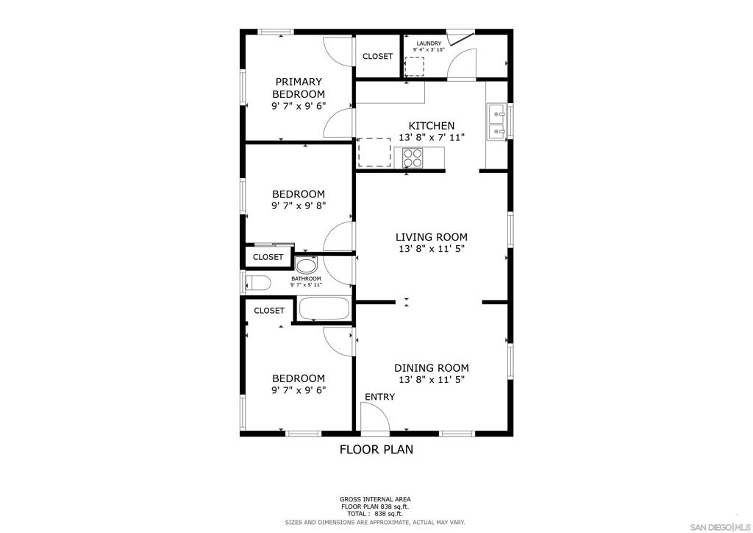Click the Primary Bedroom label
click(299, 88)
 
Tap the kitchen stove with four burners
click(413, 158)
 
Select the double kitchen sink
click(496, 122)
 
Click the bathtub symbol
click(324, 308)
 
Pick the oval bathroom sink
click(306, 265)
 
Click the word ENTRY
click(380, 397)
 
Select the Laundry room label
click(429, 43)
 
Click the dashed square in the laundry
click(415, 66)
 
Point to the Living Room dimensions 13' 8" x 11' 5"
click(432, 249)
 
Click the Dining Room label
click(432, 368)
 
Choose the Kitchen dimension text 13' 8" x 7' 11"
click(432, 138)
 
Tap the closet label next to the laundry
click(377, 56)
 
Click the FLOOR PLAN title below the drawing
click(376, 449)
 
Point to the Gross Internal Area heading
click(375, 499)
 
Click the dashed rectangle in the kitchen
click(374, 152)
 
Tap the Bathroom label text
click(306, 279)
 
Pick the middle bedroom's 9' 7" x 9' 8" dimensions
click(299, 205)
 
